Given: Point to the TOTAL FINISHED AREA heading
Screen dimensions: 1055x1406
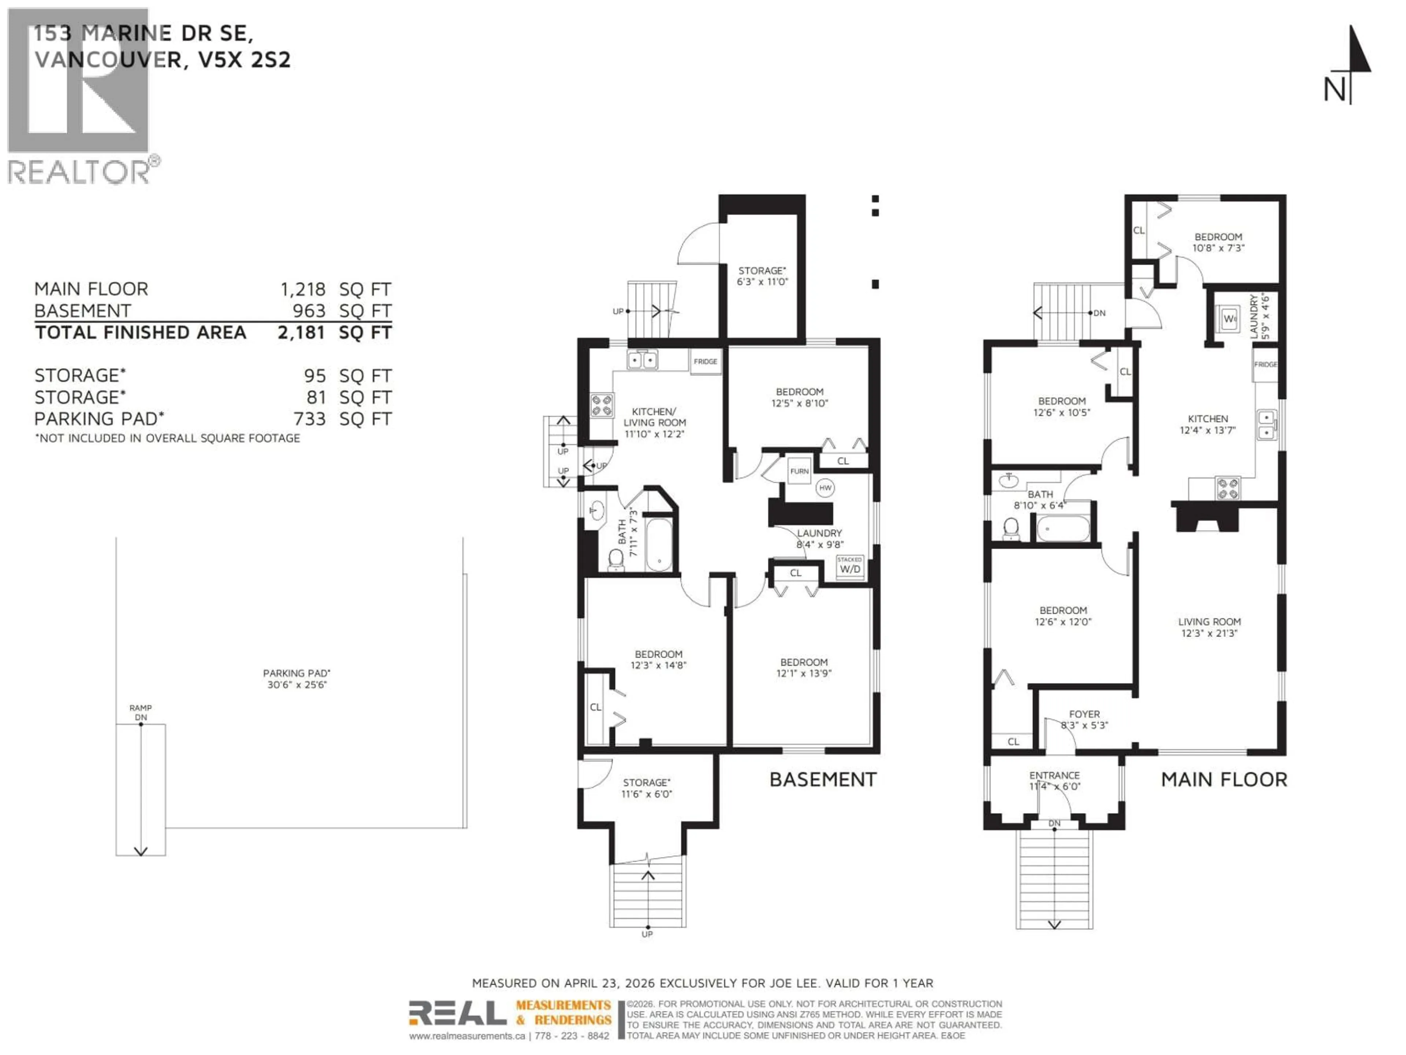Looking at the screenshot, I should click(141, 333).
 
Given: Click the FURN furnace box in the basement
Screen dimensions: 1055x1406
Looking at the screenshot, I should click(799, 471).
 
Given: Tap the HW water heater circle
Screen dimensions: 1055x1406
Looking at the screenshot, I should click(825, 488).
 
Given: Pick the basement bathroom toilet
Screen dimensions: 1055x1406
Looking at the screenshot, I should click(615, 560).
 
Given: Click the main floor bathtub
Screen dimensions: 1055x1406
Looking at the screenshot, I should click(1063, 529).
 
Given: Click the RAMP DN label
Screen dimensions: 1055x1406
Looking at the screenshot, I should click(141, 712).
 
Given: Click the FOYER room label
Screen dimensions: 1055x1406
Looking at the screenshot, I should click(1085, 714).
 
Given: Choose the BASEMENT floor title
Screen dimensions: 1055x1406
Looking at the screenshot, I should click(822, 780).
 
